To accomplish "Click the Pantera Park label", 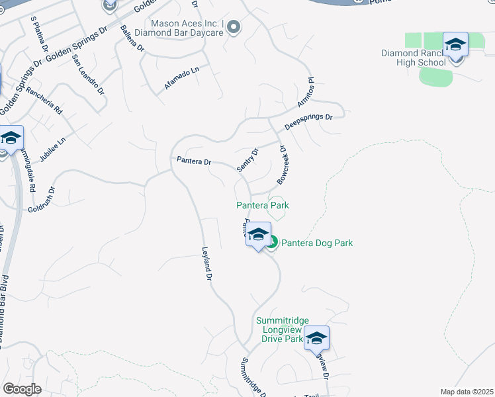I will point(263,205).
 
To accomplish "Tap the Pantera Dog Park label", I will point(317,243).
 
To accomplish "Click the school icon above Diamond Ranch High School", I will point(455,45).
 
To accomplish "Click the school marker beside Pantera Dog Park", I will point(258,235).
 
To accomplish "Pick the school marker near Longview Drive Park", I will point(316,338).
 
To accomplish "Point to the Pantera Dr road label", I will point(193,161).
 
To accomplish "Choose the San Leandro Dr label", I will point(88,75).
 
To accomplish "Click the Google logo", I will point(22,389).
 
